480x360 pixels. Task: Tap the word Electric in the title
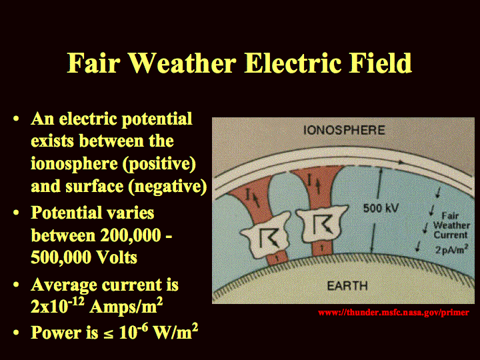coord(293,63)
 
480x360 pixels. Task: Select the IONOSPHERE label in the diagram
coord(344,130)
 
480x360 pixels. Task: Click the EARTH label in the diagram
coord(347,286)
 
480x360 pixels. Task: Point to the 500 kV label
coord(381,208)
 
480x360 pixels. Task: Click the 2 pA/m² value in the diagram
coord(451,249)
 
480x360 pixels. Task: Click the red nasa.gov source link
coord(393,313)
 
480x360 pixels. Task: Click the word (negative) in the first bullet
coord(168,186)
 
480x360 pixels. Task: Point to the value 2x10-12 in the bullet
coord(57,305)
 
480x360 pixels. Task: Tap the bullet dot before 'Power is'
coord(17,332)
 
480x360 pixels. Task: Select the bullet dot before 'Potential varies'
coord(17,213)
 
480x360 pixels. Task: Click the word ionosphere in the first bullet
coord(74,165)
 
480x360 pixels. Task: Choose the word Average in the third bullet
coord(64,285)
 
